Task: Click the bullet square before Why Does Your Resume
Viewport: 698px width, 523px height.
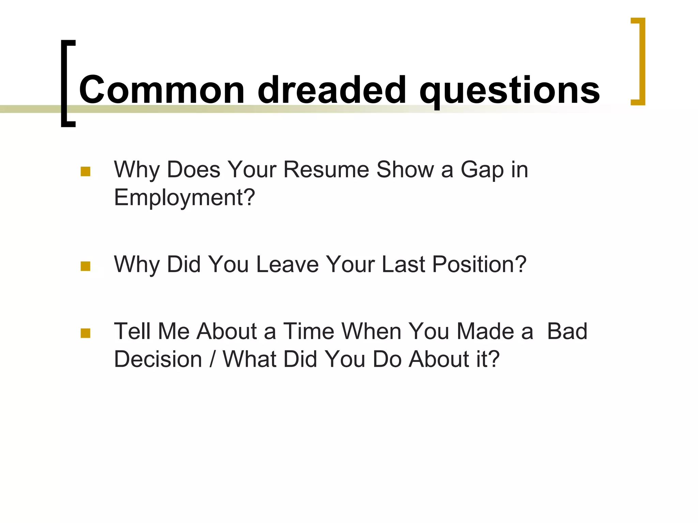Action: point(86,171)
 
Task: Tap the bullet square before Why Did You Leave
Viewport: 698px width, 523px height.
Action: point(86,266)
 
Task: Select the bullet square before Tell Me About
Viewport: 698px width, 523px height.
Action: point(86,333)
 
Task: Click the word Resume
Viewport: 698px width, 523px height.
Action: point(326,169)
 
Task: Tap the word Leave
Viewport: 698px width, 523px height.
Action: point(287,264)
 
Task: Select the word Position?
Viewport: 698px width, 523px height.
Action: point(479,264)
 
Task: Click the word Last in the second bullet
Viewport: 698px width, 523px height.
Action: point(403,264)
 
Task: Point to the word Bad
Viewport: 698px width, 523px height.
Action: point(567,331)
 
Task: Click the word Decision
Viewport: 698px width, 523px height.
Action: point(158,359)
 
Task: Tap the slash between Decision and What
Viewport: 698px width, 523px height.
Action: point(212,359)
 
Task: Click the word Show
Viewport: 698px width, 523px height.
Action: point(405,169)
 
